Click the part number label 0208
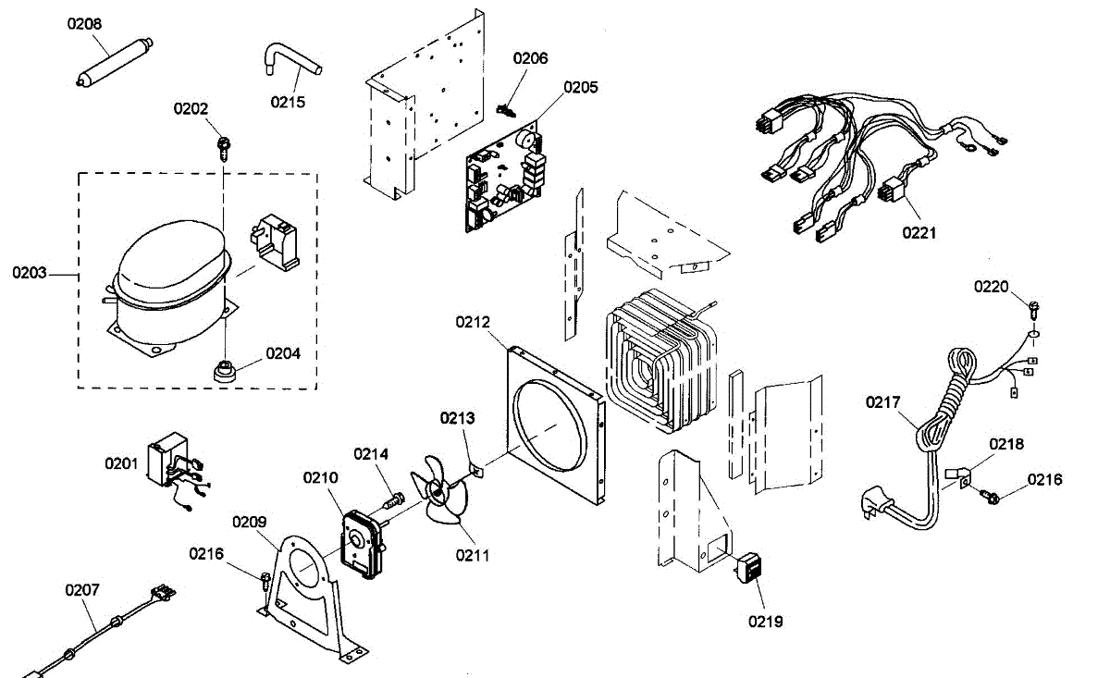(85, 23)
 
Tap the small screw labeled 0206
(505, 111)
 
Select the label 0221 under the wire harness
(919, 232)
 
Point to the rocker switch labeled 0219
(749, 567)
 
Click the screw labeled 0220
(1034, 304)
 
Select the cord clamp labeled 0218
(956, 476)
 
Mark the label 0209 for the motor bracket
(249, 522)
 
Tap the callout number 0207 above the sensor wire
(82, 589)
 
